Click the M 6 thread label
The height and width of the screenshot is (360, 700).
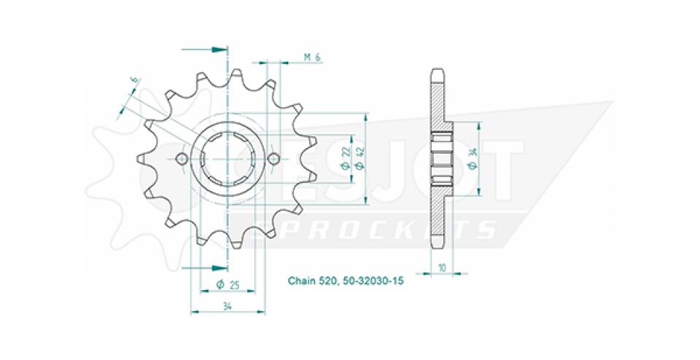click(313, 58)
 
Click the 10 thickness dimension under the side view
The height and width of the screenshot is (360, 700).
click(442, 267)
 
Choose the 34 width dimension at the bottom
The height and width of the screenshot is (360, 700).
click(227, 306)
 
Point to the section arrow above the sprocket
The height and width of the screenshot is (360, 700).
click(217, 50)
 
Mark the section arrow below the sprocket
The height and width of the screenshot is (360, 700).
click(217, 267)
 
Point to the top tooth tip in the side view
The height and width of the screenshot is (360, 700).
click(436, 73)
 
